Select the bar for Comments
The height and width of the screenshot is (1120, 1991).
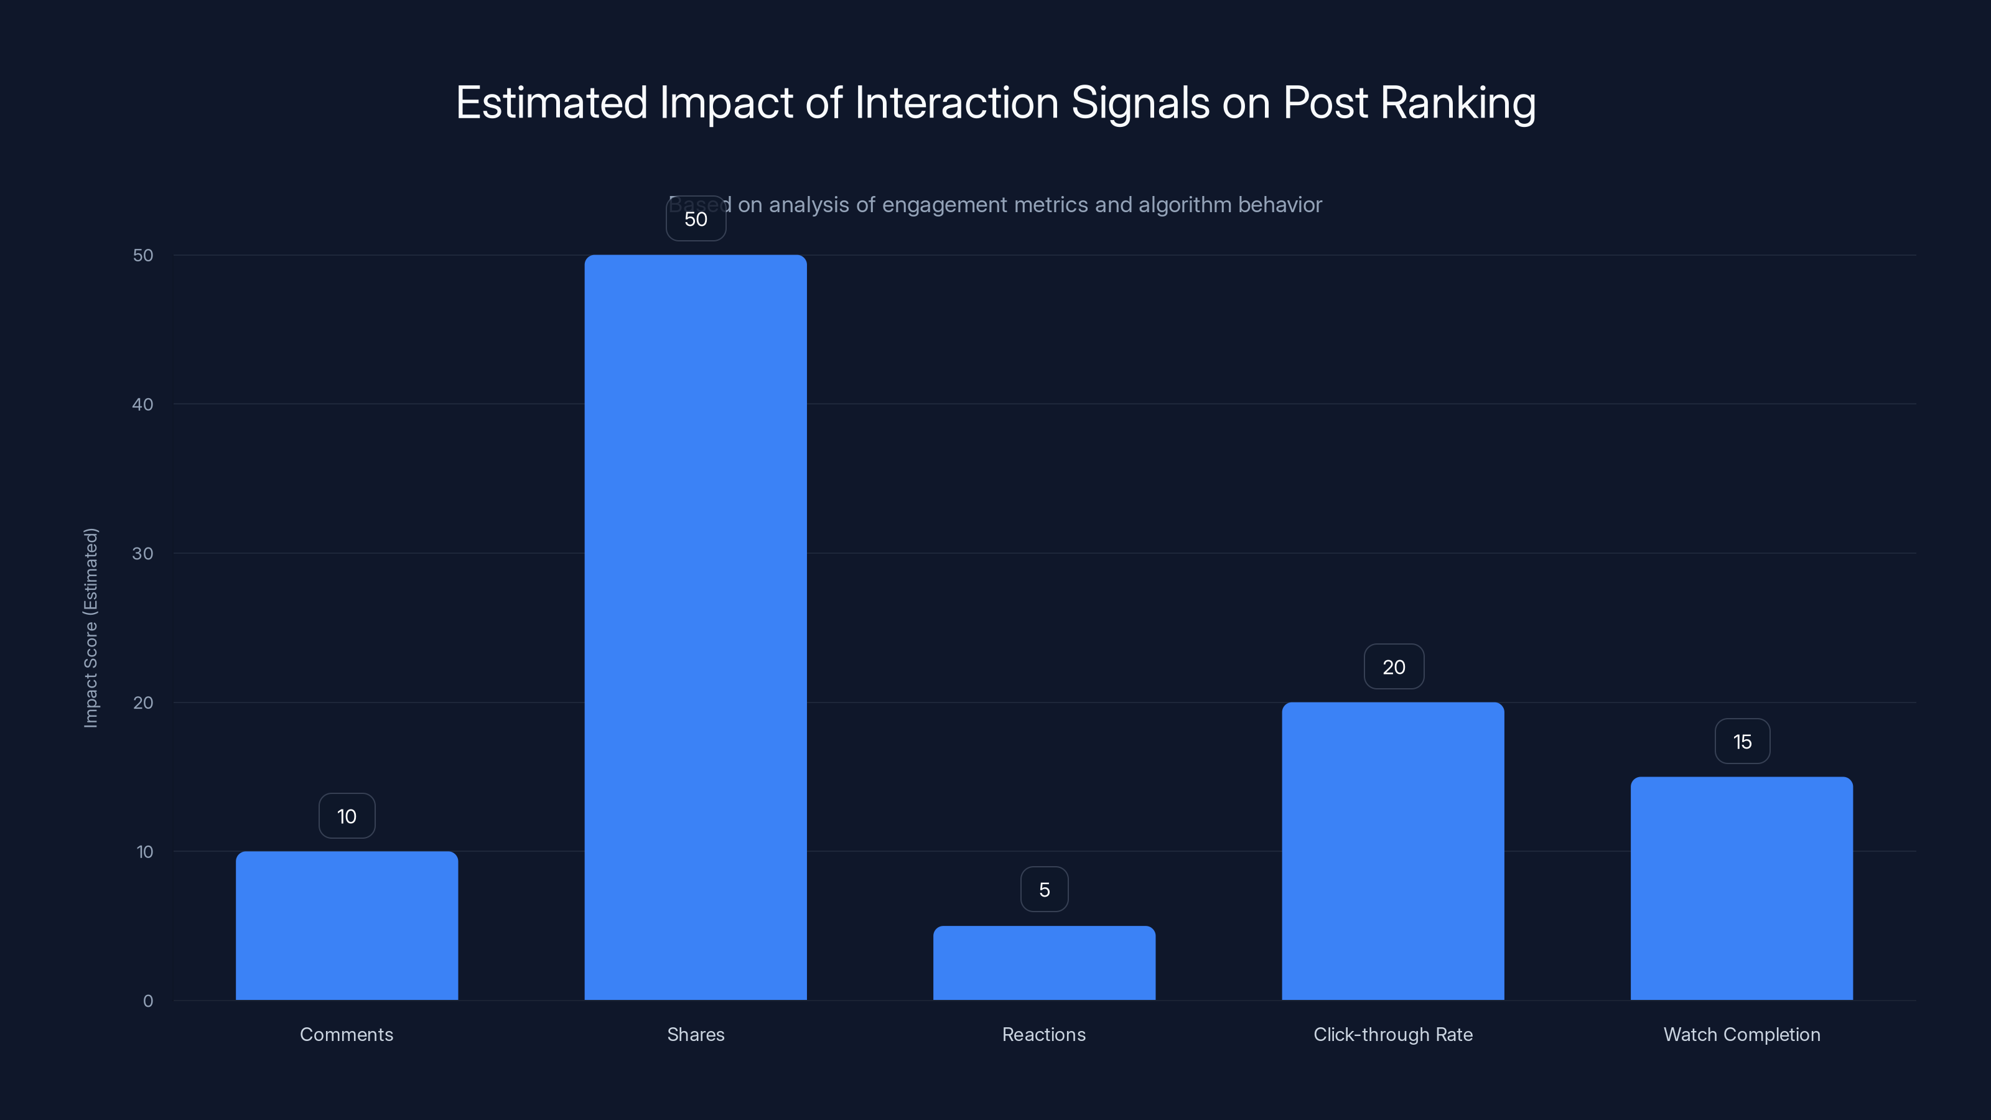tap(347, 925)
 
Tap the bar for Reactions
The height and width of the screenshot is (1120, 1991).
tap(1043, 963)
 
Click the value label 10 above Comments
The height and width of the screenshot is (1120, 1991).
tap(347, 816)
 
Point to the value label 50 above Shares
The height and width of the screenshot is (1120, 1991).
tap(695, 219)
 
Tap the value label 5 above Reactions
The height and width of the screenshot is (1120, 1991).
tap(1043, 890)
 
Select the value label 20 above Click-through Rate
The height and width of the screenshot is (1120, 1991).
tap(1393, 667)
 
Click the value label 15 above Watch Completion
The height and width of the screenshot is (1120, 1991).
tap(1742, 742)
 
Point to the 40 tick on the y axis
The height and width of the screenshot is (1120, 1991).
tap(143, 404)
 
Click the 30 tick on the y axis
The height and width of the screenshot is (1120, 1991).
tap(143, 553)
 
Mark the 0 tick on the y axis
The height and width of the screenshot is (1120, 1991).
tap(147, 1001)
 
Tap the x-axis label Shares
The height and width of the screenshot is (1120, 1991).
tap(695, 1034)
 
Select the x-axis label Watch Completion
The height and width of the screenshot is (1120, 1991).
tap(1742, 1034)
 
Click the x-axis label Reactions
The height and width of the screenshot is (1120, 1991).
tap(1043, 1034)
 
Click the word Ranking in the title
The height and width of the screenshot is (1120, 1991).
tap(1458, 103)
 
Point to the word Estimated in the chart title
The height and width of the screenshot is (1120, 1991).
tap(551, 103)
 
